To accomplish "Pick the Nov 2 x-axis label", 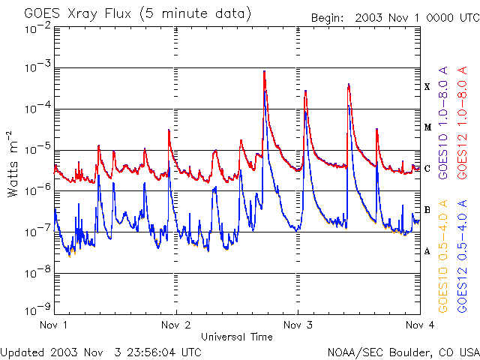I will point(175,325).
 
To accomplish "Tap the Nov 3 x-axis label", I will point(298,325).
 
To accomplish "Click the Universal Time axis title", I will point(236,337).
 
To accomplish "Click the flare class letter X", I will point(427,87).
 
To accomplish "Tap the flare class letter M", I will point(427,127).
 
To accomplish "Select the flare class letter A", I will point(427,251).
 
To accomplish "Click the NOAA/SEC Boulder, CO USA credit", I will point(403,352).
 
